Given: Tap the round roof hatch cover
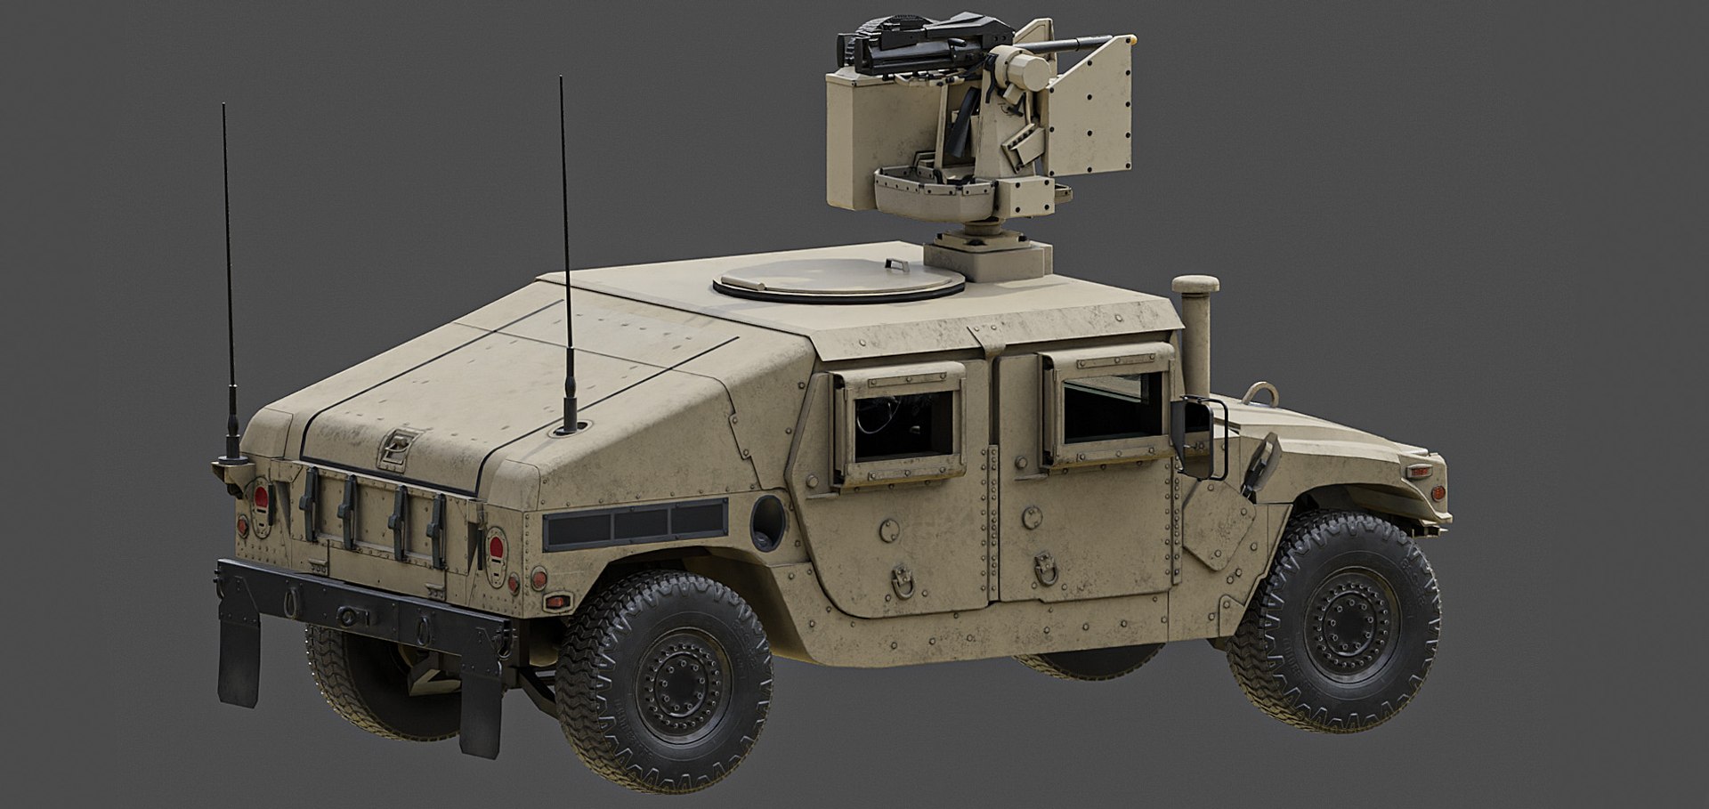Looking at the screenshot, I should (838, 281).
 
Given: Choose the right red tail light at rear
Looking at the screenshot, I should (495, 544).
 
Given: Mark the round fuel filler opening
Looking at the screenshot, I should (767, 522).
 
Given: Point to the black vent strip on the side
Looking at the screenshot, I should (635, 524).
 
